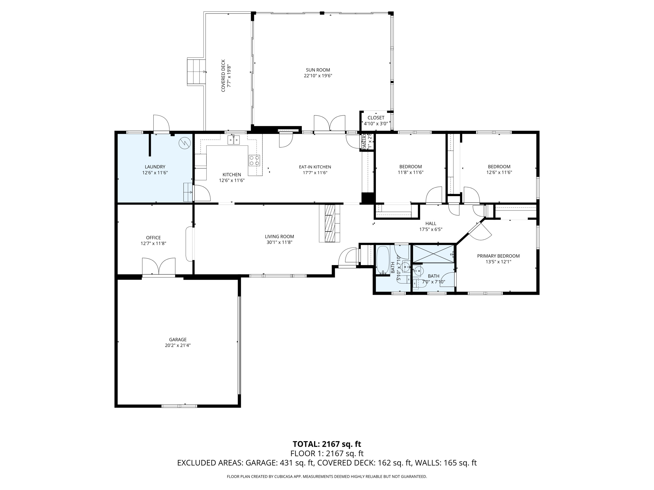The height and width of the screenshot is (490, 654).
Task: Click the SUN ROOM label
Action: click(x=317, y=70)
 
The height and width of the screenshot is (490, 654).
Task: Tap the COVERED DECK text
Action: click(x=223, y=76)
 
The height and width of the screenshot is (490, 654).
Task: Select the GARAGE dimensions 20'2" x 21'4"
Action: click(x=178, y=345)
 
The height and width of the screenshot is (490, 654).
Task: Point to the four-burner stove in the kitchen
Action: click(x=254, y=160)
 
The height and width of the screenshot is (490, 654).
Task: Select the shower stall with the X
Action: click(x=433, y=254)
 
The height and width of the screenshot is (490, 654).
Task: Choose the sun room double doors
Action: click(x=329, y=123)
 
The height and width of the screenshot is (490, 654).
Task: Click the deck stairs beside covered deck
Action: click(x=196, y=72)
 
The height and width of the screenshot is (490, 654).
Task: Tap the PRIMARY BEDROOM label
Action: click(x=498, y=256)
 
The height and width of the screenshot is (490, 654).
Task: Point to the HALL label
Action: click(x=430, y=223)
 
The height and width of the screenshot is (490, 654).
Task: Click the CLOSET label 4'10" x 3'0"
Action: click(x=376, y=118)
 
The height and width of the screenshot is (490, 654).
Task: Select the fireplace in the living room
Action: click(x=330, y=223)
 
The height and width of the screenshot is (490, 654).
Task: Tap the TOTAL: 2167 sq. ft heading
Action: click(x=327, y=444)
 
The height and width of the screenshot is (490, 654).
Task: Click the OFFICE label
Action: click(x=153, y=238)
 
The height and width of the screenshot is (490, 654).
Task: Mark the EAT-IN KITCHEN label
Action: click(x=315, y=167)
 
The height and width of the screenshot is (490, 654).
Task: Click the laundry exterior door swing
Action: click(x=161, y=123)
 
